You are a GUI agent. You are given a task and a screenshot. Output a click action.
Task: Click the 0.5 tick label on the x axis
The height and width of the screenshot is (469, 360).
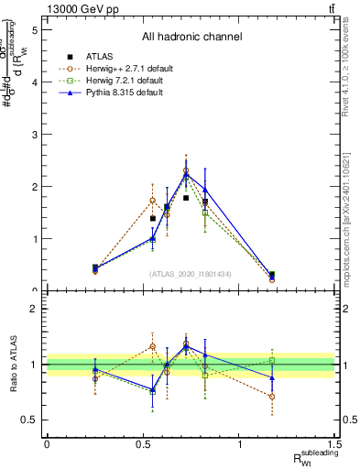[143, 444]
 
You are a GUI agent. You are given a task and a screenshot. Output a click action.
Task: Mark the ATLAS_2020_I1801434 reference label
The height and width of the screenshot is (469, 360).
[191, 274]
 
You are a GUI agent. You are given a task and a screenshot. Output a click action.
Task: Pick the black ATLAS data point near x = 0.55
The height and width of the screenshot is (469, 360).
[153, 219]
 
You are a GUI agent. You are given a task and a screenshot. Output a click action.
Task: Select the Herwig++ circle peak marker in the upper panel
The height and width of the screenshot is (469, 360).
[186, 170]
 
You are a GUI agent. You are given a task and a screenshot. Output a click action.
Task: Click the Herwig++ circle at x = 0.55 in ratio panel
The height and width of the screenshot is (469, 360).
[153, 346]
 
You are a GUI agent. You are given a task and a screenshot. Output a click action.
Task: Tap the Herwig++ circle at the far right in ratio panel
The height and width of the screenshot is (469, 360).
[272, 397]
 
